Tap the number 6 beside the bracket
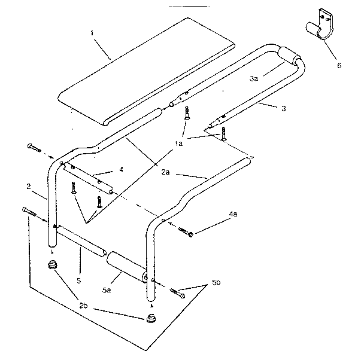pos(339,65)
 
